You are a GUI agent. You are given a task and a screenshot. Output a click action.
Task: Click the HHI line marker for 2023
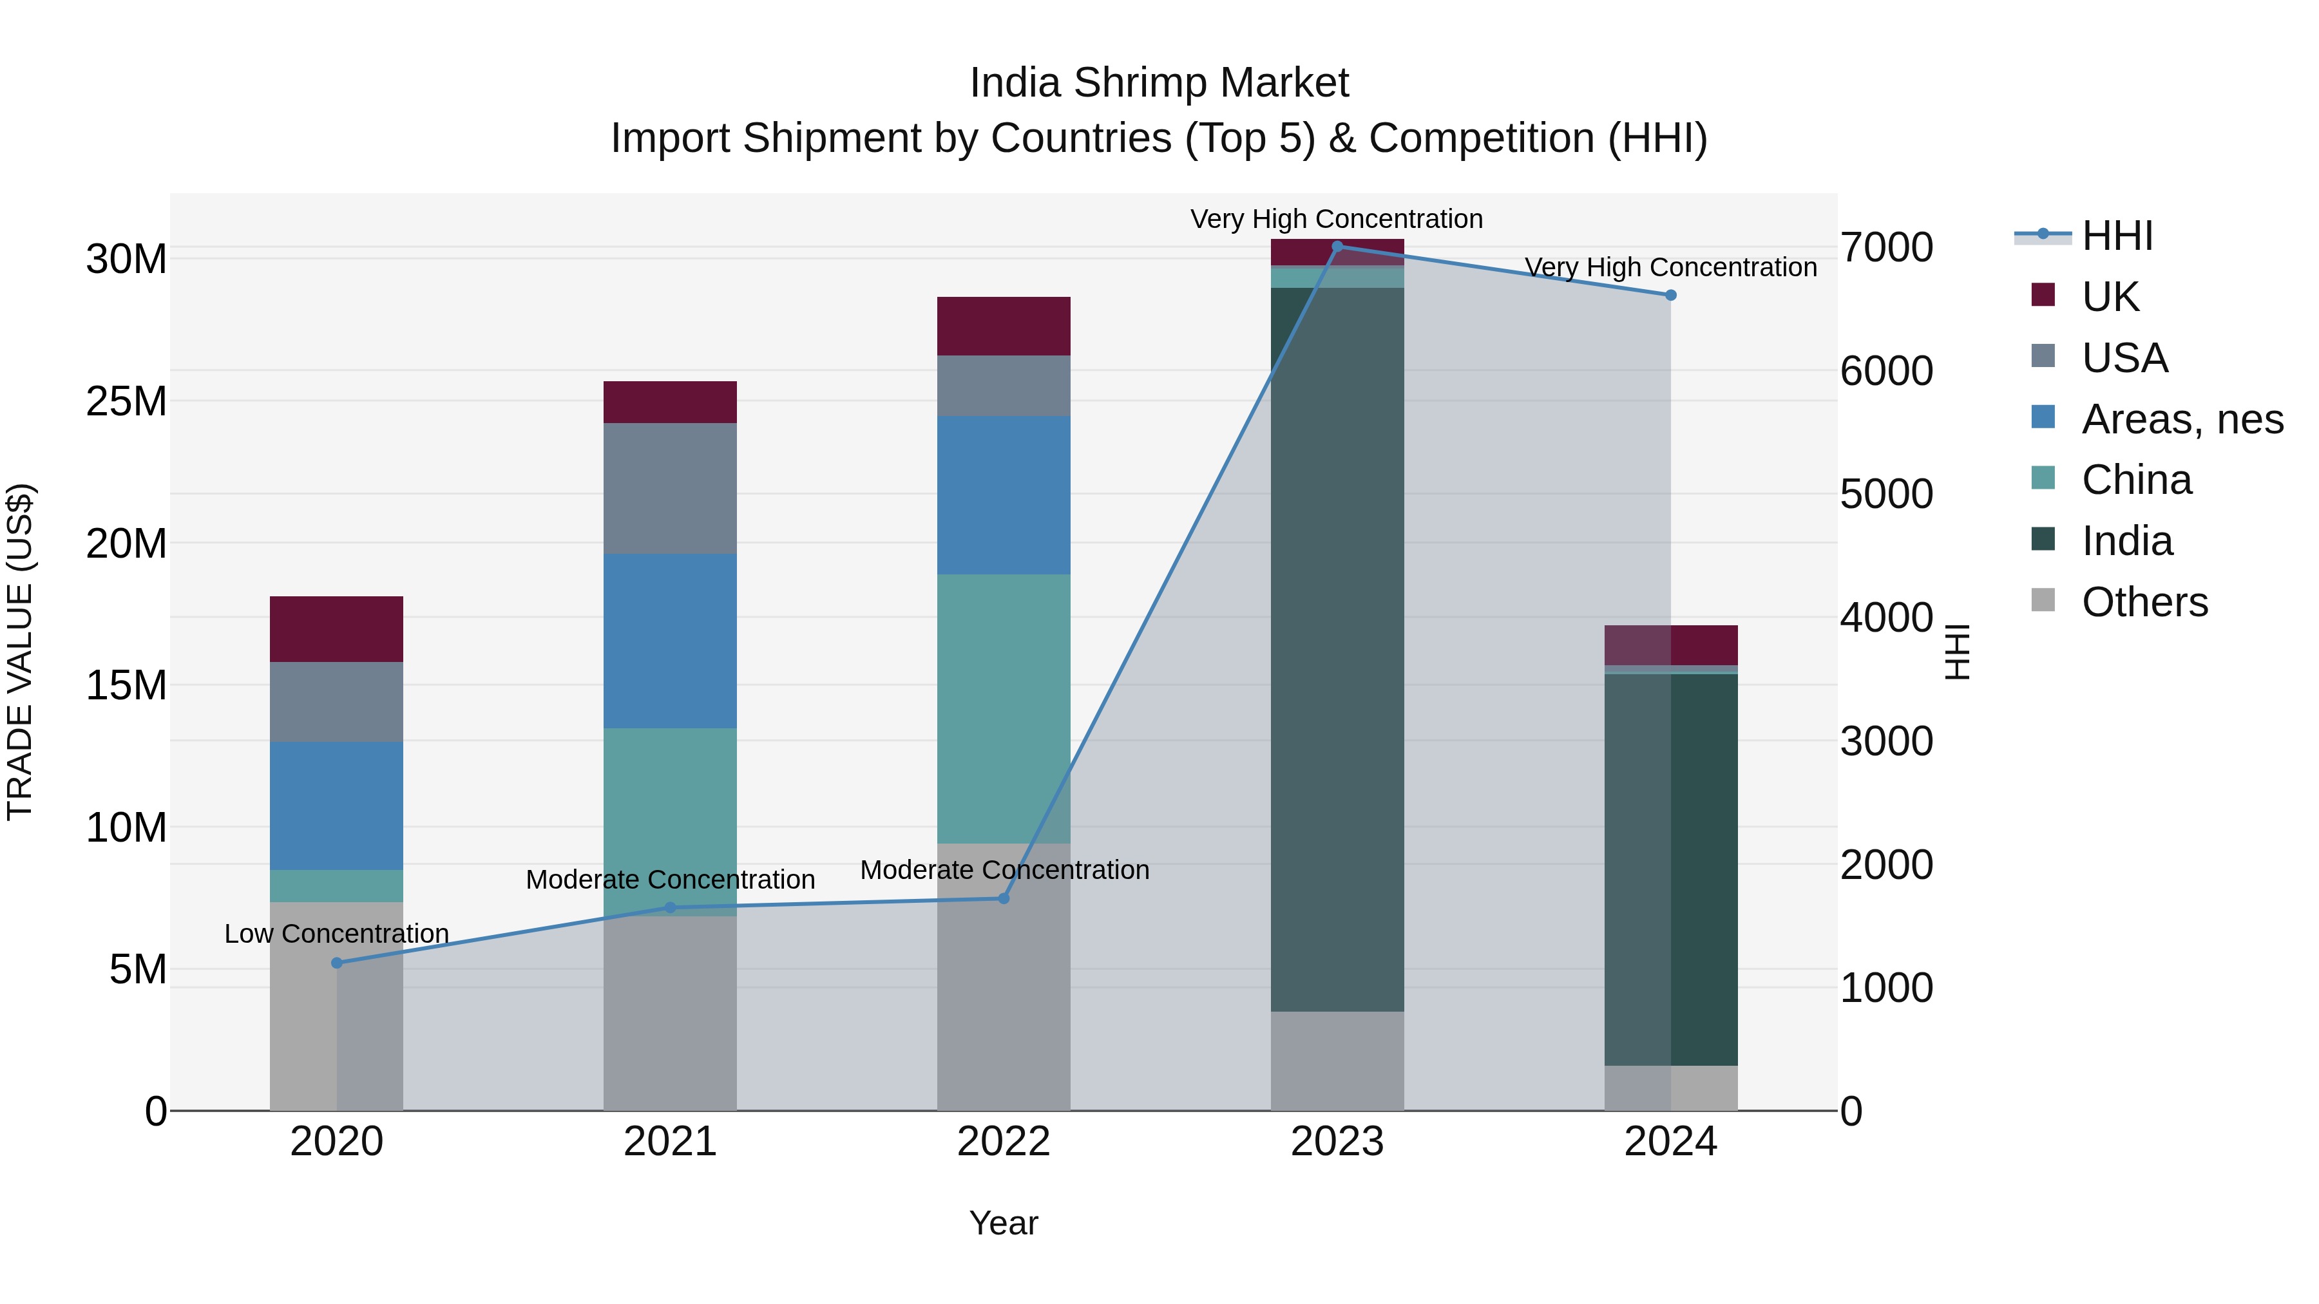[x=1337, y=246]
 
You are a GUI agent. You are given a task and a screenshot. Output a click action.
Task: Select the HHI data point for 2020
[x=337, y=963]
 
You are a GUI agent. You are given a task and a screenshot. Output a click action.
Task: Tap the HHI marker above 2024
[x=1671, y=295]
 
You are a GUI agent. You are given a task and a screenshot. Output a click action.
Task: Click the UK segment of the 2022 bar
[x=1004, y=326]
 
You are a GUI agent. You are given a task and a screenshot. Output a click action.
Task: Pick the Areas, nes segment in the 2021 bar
[x=670, y=641]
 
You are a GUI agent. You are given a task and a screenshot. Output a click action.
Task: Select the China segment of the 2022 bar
[x=1004, y=708]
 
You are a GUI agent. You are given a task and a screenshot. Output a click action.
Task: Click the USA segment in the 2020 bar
[x=337, y=702]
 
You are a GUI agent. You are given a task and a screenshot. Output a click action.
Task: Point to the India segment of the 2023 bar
[x=1337, y=648]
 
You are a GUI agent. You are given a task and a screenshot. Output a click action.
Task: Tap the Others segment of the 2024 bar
[x=1671, y=1088]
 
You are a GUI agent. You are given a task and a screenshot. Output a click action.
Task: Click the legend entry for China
[x=2135, y=480]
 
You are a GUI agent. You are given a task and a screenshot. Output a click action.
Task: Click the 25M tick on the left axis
[x=126, y=401]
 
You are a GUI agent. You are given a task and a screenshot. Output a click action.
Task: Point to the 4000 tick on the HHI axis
[x=1886, y=618]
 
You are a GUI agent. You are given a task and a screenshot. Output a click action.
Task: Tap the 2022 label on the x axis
[x=1004, y=1142]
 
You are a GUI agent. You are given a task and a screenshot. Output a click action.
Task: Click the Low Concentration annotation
[x=337, y=934]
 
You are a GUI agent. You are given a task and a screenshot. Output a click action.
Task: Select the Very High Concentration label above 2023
[x=1337, y=219]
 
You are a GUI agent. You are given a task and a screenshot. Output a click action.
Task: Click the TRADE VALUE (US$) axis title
[x=20, y=652]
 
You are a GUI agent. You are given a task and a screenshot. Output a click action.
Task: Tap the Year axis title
[x=1004, y=1223]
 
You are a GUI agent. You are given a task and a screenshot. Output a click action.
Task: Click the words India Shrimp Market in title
[x=1159, y=83]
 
